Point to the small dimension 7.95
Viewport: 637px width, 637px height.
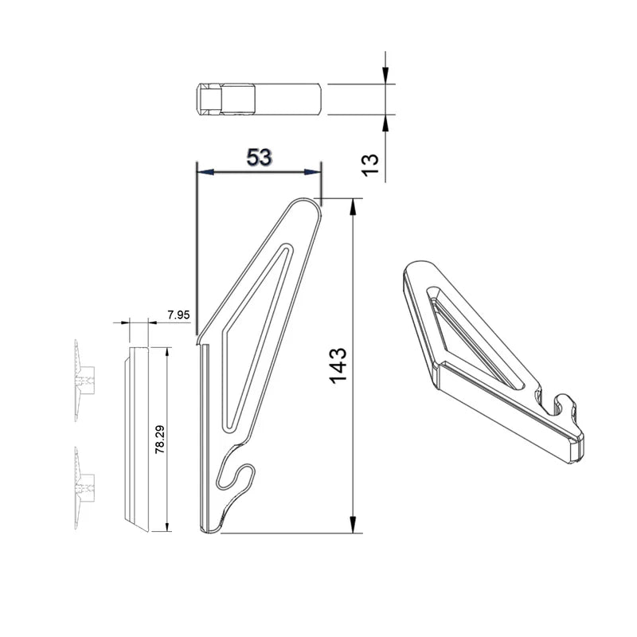179,315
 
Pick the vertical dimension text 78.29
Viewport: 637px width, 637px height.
160,440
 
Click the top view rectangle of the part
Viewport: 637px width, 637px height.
260,98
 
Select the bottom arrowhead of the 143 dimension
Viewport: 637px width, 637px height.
353,527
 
